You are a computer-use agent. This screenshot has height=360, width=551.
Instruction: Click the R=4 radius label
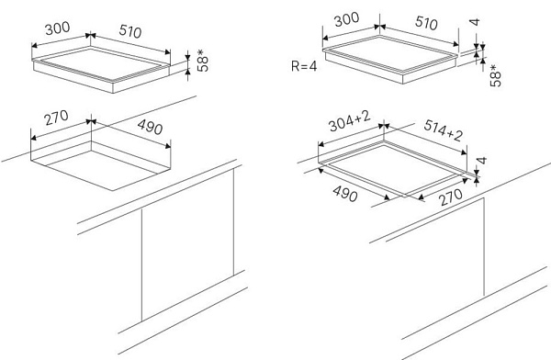[304, 66]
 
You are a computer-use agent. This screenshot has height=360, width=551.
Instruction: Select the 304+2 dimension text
[349, 121]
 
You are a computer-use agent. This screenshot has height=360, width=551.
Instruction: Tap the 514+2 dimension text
[444, 129]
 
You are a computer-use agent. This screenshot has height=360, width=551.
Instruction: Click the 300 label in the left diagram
[58, 28]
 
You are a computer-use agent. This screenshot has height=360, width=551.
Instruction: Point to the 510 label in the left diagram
[130, 31]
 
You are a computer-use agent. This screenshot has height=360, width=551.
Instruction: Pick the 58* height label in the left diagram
[202, 61]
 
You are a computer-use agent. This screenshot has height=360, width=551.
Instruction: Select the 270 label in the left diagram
[56, 118]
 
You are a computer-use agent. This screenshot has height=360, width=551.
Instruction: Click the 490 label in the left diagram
[150, 127]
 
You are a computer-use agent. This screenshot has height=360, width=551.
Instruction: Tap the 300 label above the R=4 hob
[346, 19]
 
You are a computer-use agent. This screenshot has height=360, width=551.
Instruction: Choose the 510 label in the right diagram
[426, 23]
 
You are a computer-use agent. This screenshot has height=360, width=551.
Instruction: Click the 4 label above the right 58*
[475, 22]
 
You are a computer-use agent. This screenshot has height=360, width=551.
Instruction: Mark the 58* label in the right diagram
[496, 75]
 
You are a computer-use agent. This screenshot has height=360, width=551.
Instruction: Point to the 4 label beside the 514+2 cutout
[482, 161]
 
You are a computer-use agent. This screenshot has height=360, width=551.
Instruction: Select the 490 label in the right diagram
[345, 194]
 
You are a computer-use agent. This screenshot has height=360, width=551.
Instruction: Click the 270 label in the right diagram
[451, 197]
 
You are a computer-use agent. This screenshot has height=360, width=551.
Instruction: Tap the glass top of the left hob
[102, 64]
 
